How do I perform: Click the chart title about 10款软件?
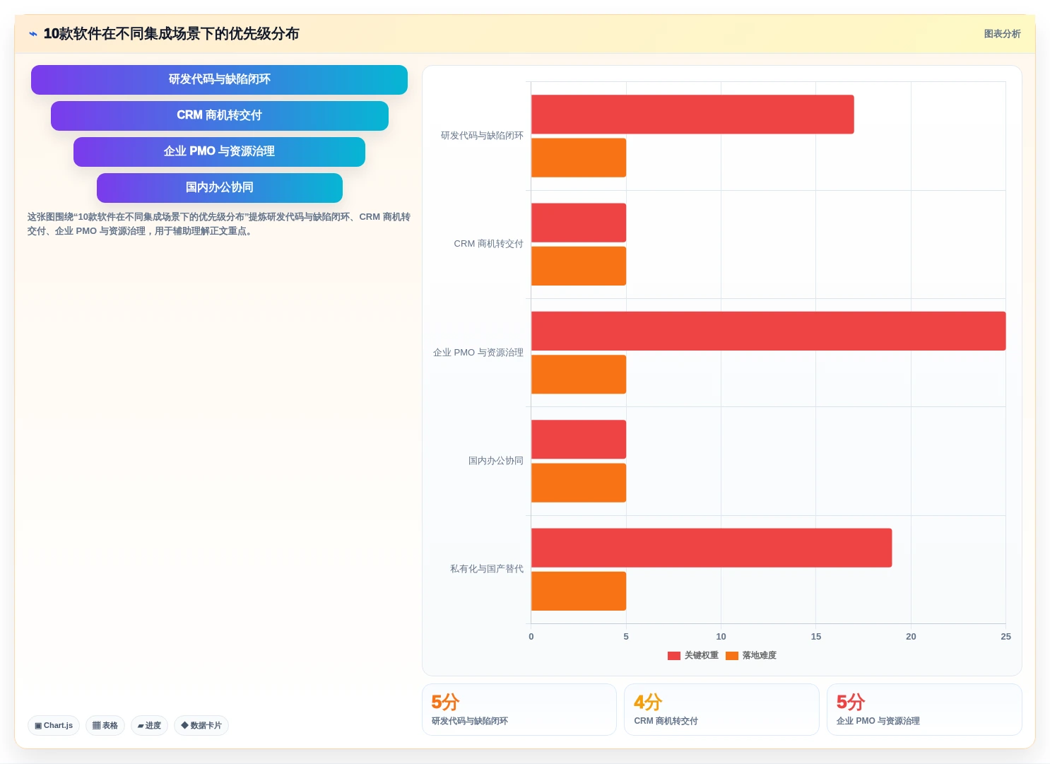pos(171,34)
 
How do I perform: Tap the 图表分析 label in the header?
pos(1002,34)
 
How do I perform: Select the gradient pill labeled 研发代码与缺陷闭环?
pos(219,80)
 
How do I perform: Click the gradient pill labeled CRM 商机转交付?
pos(219,116)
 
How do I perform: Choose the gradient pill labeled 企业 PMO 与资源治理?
pos(219,152)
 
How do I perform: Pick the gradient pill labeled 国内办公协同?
pos(219,188)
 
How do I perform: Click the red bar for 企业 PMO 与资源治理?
pos(768,331)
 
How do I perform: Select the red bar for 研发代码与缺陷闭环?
pos(692,114)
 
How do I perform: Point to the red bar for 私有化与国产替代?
pos(712,548)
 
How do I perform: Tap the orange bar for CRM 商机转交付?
pos(579,266)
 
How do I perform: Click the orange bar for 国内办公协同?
pos(579,483)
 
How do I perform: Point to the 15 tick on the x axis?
pos(816,637)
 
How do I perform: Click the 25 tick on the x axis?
pos(1006,637)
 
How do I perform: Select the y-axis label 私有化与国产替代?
pos(487,569)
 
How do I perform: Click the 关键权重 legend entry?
pos(692,655)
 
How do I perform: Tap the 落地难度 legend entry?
pos(751,655)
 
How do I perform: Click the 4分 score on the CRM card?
pos(648,702)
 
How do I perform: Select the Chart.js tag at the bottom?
pos(54,726)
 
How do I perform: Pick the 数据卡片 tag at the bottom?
pos(201,726)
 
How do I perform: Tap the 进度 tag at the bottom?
pos(149,726)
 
